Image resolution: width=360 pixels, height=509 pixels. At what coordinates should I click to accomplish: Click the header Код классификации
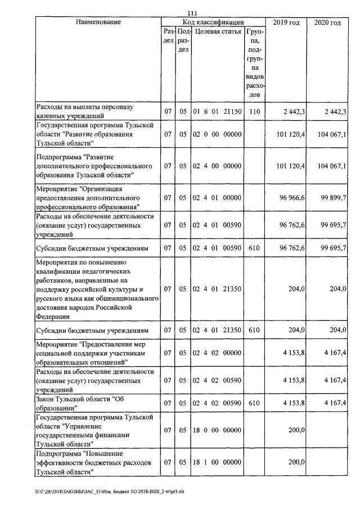[x=213, y=22]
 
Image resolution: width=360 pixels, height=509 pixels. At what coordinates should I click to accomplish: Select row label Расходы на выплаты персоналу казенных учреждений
[x=85, y=111]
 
